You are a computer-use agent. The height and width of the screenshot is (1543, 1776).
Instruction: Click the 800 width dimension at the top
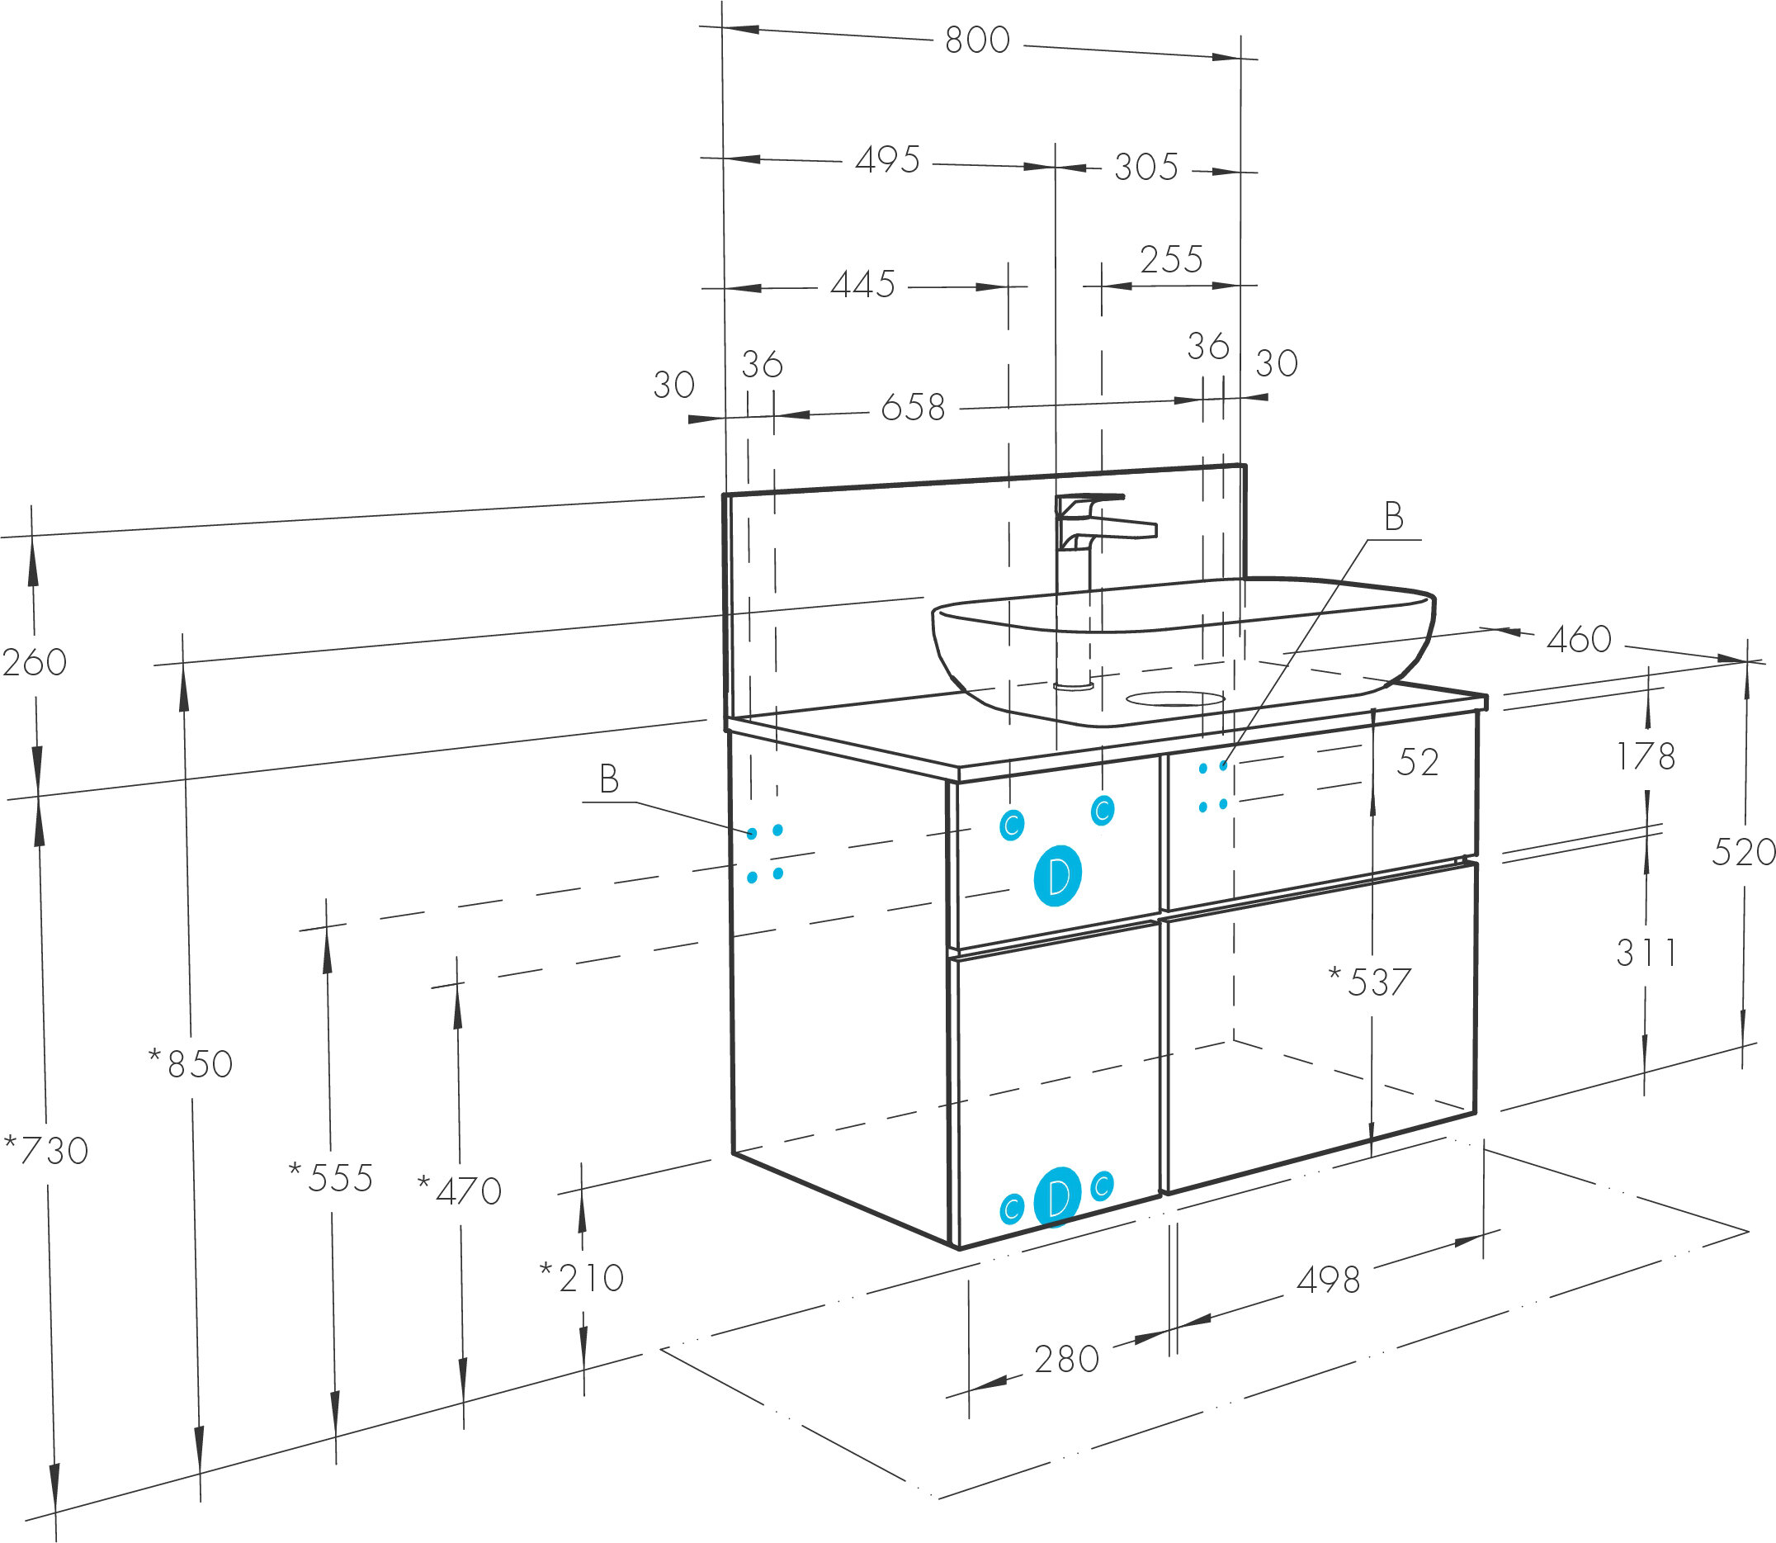(977, 40)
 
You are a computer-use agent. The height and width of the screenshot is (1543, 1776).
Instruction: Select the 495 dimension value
(887, 160)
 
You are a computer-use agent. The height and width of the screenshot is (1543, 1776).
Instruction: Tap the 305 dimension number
(1145, 167)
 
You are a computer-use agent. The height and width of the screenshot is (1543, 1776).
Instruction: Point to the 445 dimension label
(862, 285)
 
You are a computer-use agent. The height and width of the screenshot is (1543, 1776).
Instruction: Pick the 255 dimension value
(1171, 260)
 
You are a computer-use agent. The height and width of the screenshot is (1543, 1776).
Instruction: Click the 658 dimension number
(913, 408)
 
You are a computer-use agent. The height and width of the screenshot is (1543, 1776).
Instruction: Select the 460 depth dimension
(1578, 640)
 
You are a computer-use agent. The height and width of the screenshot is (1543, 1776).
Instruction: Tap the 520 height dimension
(1743, 853)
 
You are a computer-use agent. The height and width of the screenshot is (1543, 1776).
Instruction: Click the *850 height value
(191, 1065)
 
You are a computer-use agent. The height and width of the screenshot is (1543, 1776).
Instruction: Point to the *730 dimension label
(46, 1150)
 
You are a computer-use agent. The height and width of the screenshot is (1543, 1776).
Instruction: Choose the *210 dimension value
(582, 1279)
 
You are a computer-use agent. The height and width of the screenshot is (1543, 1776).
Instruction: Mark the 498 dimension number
(1328, 1281)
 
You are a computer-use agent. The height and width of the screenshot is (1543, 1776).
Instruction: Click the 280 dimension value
(1066, 1360)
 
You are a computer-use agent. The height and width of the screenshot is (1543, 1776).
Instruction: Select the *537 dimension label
(1371, 982)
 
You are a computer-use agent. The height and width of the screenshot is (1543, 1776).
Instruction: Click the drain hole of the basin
(1175, 698)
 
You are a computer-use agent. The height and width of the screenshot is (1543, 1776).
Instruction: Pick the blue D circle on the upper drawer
(1057, 876)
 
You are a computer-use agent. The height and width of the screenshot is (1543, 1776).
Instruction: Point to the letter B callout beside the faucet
(1393, 518)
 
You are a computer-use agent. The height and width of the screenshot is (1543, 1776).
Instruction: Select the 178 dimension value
(1645, 757)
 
